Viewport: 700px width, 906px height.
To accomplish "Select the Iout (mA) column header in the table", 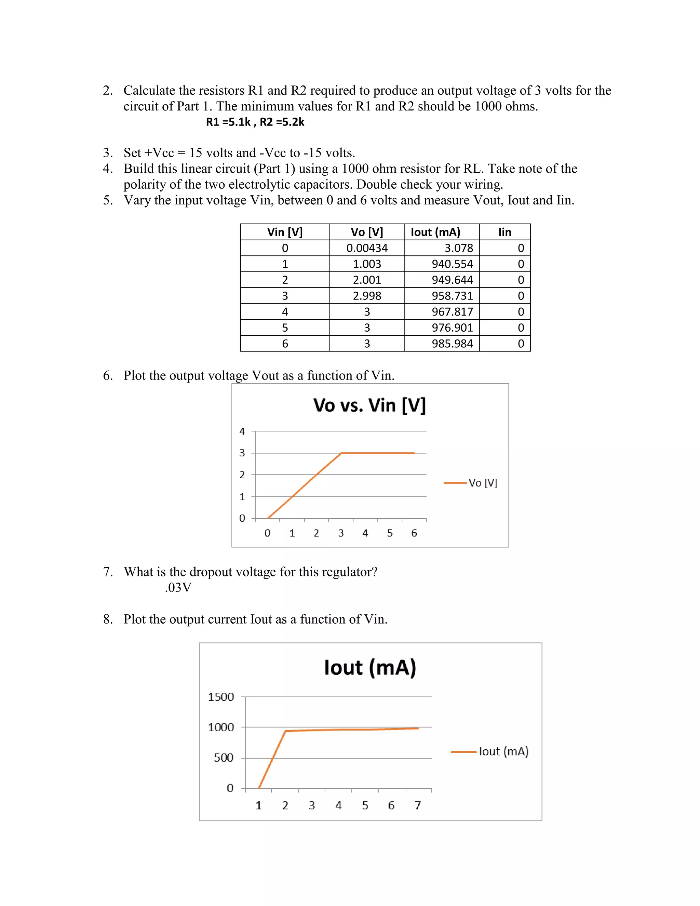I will pyautogui.click(x=435, y=232).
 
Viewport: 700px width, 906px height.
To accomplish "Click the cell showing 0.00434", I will pyautogui.click(x=367, y=248).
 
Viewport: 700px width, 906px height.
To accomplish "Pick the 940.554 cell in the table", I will pyautogui.click(x=452, y=264).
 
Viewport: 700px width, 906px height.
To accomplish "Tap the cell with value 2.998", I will pyautogui.click(x=367, y=296).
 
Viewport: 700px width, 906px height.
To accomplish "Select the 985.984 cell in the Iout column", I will pyautogui.click(x=452, y=344).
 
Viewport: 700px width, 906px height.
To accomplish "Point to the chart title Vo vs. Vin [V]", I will pyautogui.click(x=369, y=405).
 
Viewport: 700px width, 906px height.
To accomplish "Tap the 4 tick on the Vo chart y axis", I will pyautogui.click(x=242, y=431).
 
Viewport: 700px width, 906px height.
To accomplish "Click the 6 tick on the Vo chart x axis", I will pyautogui.click(x=414, y=533).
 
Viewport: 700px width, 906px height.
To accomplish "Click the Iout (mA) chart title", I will pyautogui.click(x=370, y=667).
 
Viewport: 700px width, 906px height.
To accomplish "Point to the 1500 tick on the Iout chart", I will pyautogui.click(x=221, y=697).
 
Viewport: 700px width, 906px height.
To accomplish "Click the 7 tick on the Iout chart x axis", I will pyautogui.click(x=418, y=805).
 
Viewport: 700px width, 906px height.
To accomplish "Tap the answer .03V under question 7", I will pyautogui.click(x=178, y=588).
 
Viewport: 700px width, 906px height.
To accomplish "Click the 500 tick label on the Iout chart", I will pyautogui.click(x=224, y=758).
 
